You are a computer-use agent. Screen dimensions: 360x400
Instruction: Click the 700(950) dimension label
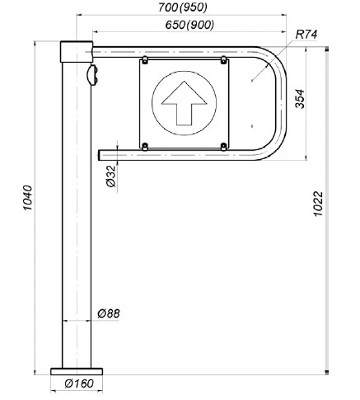(x=182, y=7)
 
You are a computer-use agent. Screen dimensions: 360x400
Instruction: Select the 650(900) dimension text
(x=189, y=25)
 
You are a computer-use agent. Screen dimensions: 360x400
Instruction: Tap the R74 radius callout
(x=306, y=35)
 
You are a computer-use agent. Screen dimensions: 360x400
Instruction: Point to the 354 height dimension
(x=300, y=99)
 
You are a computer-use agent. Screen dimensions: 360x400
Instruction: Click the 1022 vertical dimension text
(x=318, y=204)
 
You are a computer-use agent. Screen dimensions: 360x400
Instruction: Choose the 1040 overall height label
(x=27, y=198)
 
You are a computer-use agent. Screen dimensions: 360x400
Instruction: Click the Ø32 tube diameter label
(x=111, y=176)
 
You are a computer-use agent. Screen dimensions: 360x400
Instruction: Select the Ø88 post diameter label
(x=109, y=313)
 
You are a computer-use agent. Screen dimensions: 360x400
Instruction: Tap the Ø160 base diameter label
(x=79, y=384)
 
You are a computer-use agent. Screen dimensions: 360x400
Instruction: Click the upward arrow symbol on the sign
(x=184, y=103)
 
